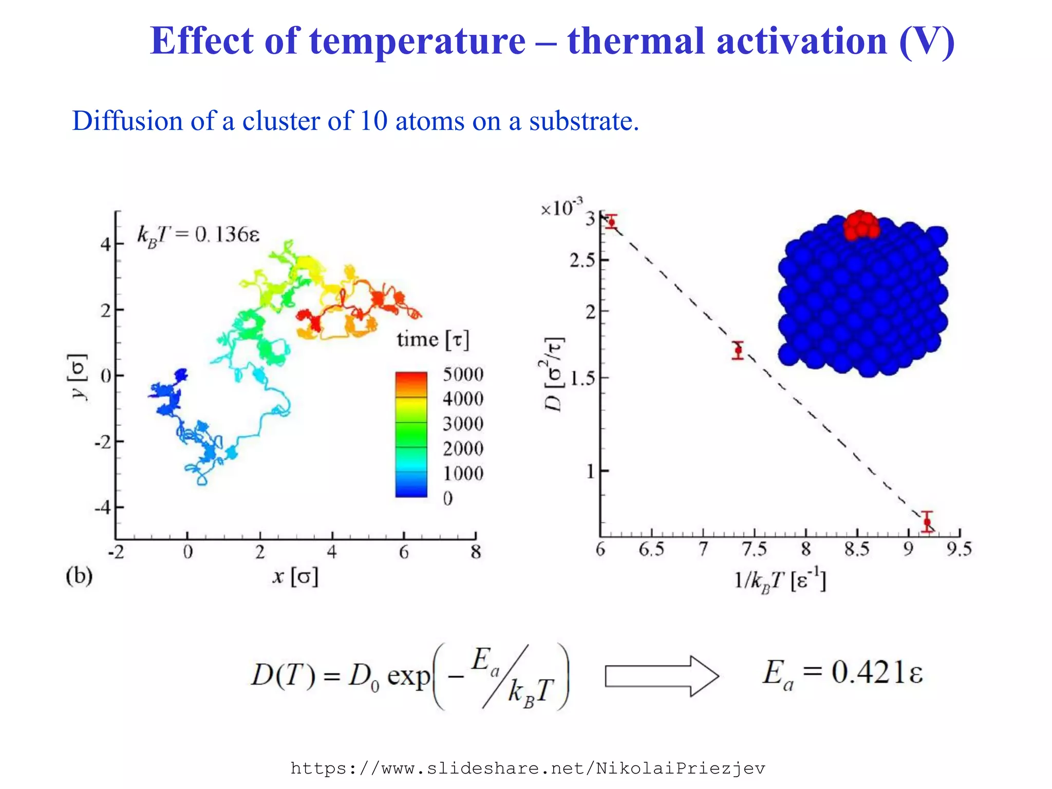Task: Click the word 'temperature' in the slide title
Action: tap(418, 41)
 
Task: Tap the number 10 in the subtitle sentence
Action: tap(373, 121)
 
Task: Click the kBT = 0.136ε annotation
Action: tap(198, 235)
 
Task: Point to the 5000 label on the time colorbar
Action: tap(463, 374)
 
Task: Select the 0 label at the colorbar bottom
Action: tap(448, 498)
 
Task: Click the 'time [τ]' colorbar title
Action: tap(433, 340)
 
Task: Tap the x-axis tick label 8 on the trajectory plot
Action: tap(476, 552)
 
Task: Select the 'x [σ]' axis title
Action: tap(295, 576)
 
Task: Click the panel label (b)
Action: tap(79, 576)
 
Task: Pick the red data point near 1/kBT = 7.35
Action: tap(738, 350)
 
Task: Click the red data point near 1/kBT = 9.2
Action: tap(927, 522)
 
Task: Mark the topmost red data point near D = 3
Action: tap(611, 222)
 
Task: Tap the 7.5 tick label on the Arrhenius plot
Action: tap(754, 550)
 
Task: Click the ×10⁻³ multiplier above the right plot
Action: tap(561, 208)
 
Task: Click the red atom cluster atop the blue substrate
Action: tap(861, 225)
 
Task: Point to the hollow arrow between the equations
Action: tap(662, 676)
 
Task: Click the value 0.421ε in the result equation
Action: tap(876, 672)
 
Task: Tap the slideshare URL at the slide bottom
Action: tap(528, 768)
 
